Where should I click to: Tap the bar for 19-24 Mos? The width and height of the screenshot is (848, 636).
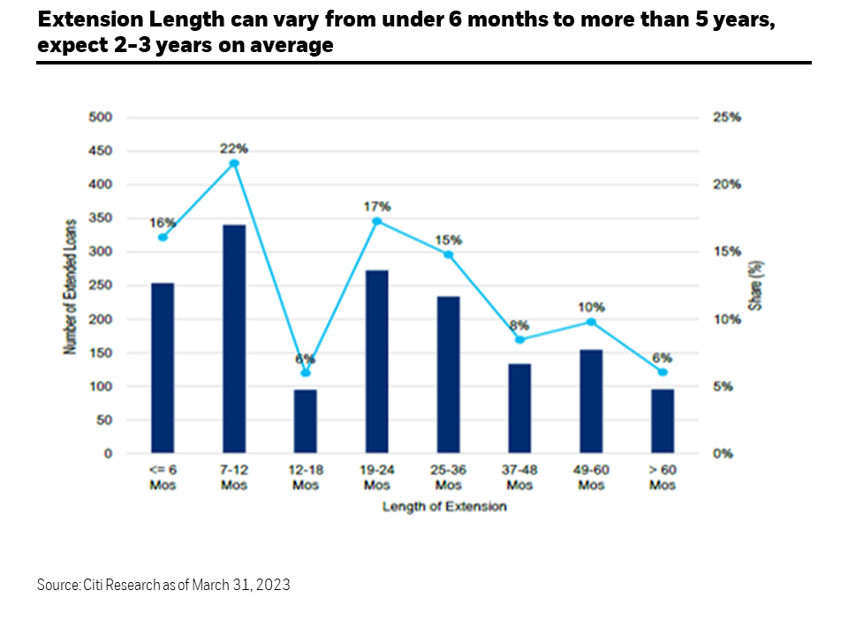tap(377, 362)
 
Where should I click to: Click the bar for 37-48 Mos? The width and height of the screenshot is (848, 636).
tap(520, 409)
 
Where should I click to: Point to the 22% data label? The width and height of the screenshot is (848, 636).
tap(233, 148)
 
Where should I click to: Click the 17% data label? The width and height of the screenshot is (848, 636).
tap(377, 206)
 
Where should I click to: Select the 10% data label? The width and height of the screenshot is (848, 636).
tap(591, 307)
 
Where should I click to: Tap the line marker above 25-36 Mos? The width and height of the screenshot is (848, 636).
tap(449, 254)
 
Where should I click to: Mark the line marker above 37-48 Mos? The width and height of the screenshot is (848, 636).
tap(520, 339)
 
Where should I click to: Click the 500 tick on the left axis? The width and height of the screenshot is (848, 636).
tap(101, 117)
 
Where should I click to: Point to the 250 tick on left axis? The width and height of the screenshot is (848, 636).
tap(101, 285)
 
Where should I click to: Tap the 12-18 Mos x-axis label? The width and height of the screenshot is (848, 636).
tap(306, 478)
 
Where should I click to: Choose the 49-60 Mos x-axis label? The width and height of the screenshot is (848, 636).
tap(591, 478)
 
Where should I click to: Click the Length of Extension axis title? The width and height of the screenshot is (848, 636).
tap(444, 507)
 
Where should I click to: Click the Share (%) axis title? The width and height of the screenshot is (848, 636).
tap(757, 286)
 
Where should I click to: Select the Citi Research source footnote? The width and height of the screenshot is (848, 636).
tap(163, 585)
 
